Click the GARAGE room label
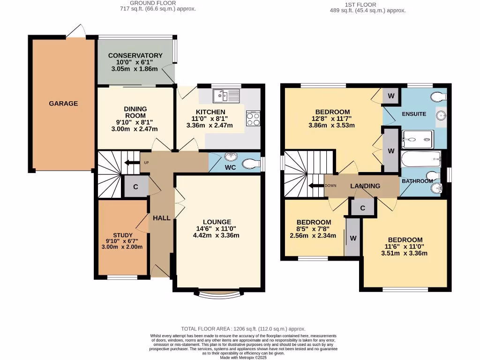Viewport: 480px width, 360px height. [x=64, y=104]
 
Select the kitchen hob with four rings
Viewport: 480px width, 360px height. [x=253, y=119]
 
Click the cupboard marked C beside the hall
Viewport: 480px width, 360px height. [x=136, y=187]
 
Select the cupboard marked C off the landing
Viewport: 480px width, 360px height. [x=363, y=208]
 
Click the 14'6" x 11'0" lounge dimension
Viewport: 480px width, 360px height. [x=216, y=229]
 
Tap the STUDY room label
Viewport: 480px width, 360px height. [x=123, y=235]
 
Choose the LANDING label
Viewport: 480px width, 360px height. [x=365, y=186]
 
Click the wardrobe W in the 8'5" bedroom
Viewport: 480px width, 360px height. [x=352, y=238]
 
